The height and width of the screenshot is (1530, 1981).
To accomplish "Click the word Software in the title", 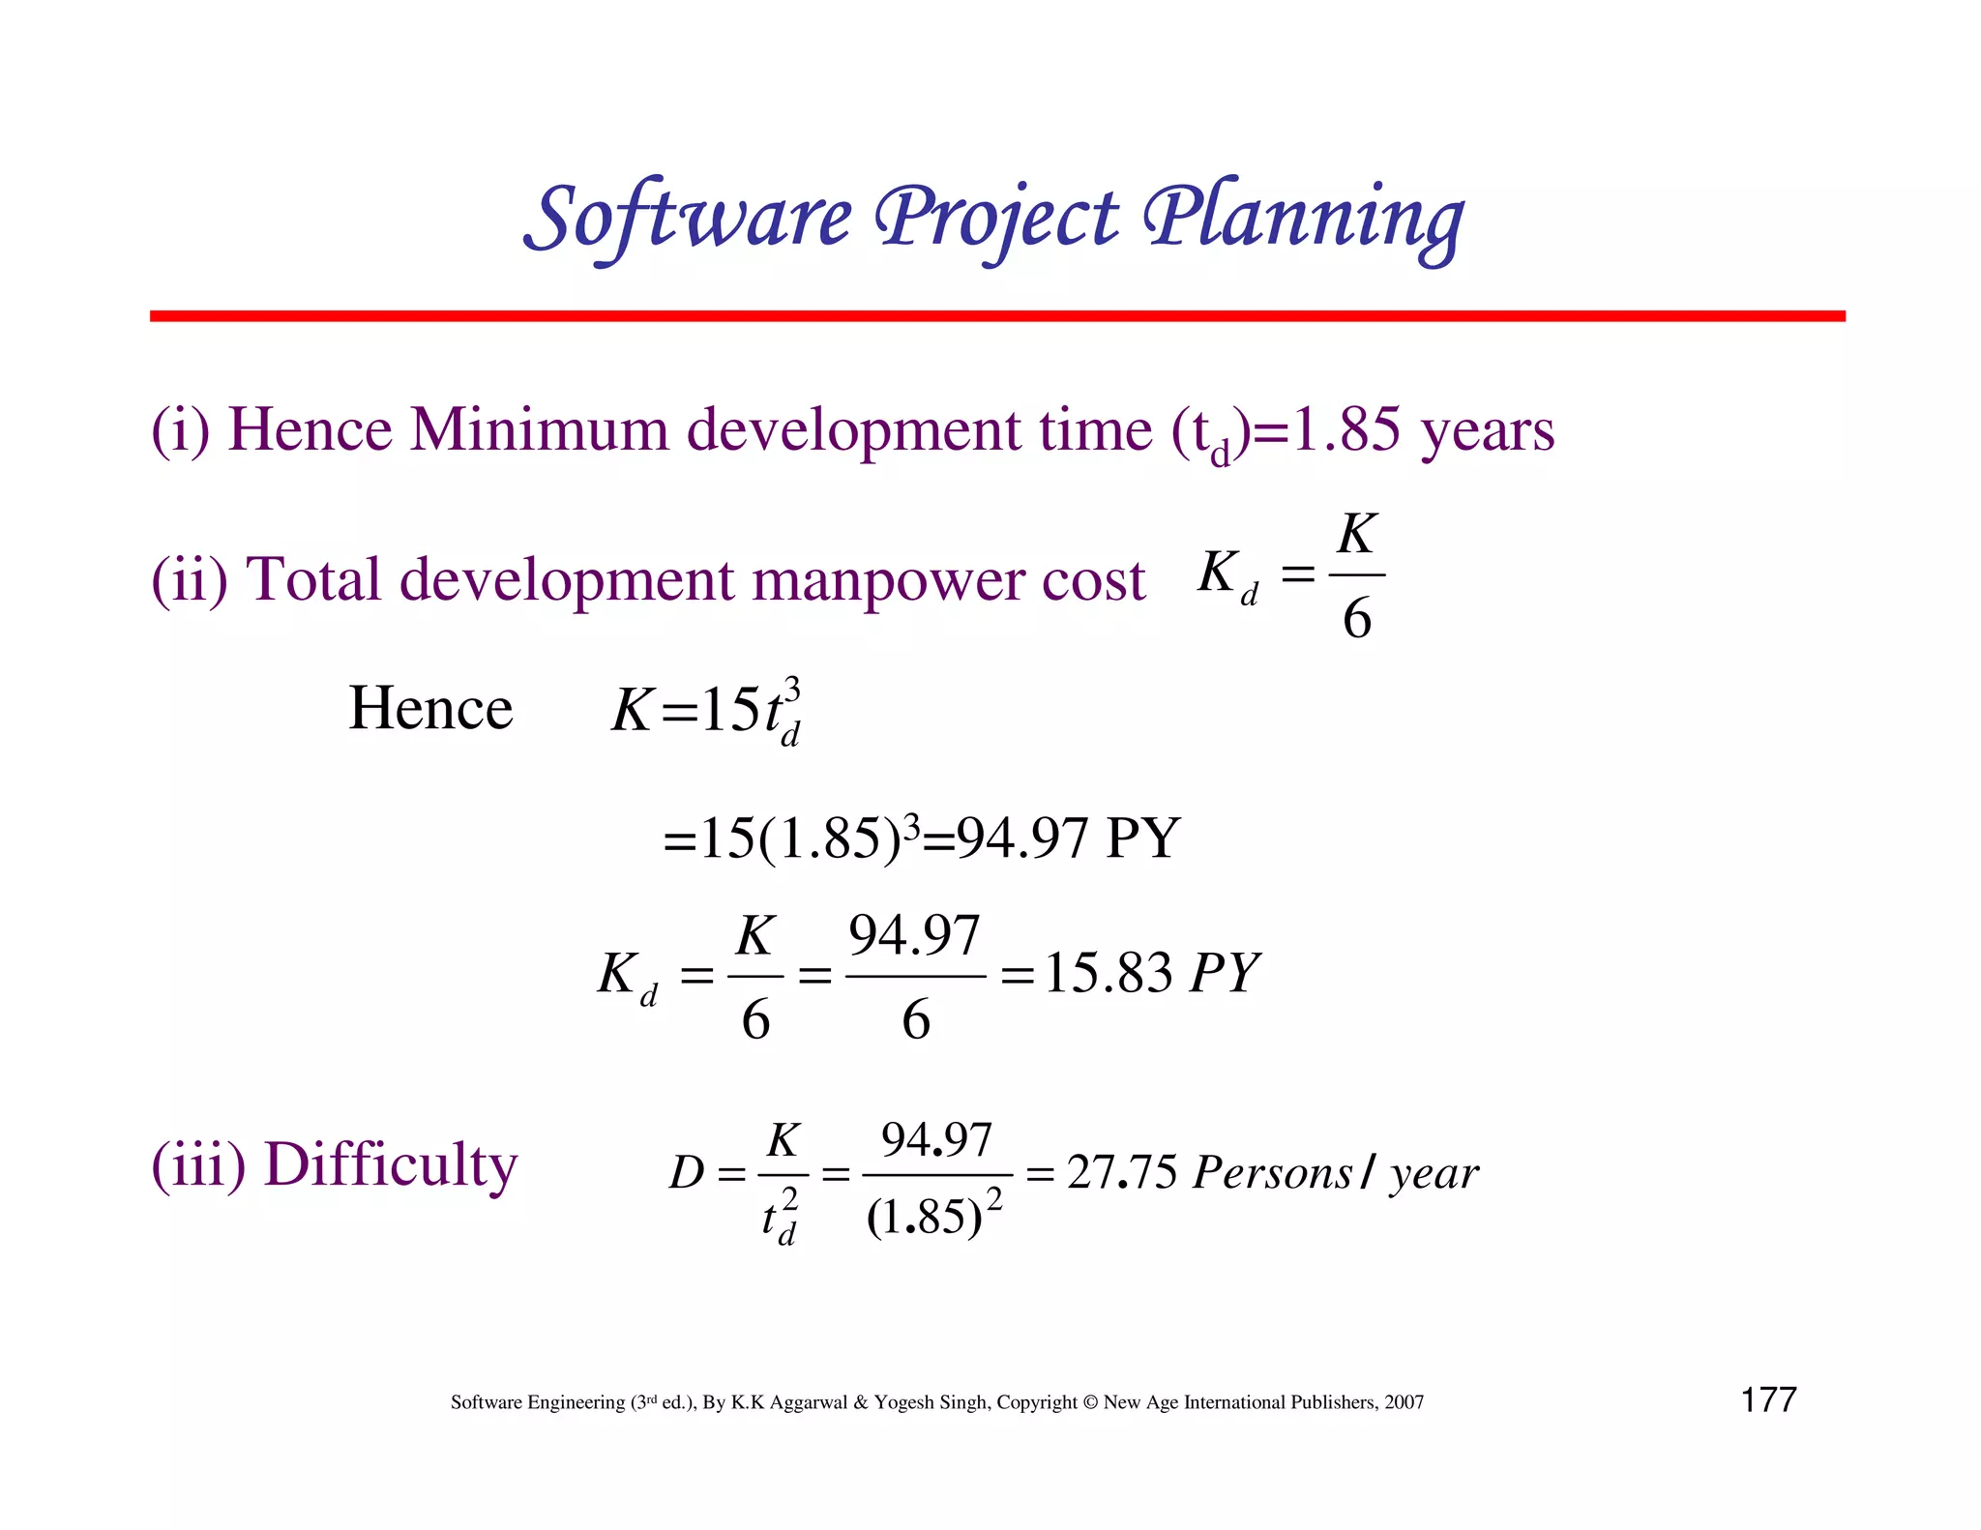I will click(x=688, y=217).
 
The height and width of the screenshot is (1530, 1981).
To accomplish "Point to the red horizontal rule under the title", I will click(x=996, y=316).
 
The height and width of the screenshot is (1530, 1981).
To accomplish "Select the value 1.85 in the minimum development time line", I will click(x=1346, y=429).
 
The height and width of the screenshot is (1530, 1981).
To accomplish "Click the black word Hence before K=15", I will click(x=430, y=708).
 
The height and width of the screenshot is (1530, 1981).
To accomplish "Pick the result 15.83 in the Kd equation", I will click(x=1108, y=973).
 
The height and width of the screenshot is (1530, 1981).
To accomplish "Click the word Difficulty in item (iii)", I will click(x=391, y=1164).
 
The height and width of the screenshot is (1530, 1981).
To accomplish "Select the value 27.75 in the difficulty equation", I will click(x=1122, y=1172).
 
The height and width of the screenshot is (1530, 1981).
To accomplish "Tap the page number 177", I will click(x=1768, y=1399).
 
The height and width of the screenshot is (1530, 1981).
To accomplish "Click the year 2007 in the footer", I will click(x=1403, y=1402).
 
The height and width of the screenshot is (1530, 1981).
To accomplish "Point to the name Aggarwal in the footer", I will click(x=808, y=1402).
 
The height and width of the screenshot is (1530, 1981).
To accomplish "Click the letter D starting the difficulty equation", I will click(x=686, y=1173).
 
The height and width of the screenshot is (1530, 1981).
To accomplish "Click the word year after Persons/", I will click(x=1435, y=1174).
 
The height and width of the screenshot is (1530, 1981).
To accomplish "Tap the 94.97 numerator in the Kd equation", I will click(x=914, y=935).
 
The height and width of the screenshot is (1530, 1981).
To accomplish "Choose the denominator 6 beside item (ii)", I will click(x=1357, y=618).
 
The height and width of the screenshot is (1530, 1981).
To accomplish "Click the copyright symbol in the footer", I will click(x=1090, y=1402).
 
